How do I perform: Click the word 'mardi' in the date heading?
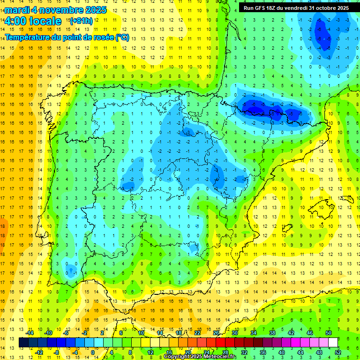coord(17,10)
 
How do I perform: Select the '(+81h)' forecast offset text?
coord(81,21)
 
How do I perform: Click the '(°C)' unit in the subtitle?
coord(122,37)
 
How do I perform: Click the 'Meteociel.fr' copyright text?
coord(220,357)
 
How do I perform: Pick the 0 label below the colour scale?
coord(92,352)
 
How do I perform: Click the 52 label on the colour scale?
coord(337,352)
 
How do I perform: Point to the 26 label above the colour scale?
coord(216,333)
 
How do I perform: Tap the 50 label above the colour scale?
coord(328,333)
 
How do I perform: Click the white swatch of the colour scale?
coord(333,343)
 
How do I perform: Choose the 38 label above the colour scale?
coord(272,333)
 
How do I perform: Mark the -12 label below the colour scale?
coord(39,352)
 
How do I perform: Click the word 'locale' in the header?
coord(45,21)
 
